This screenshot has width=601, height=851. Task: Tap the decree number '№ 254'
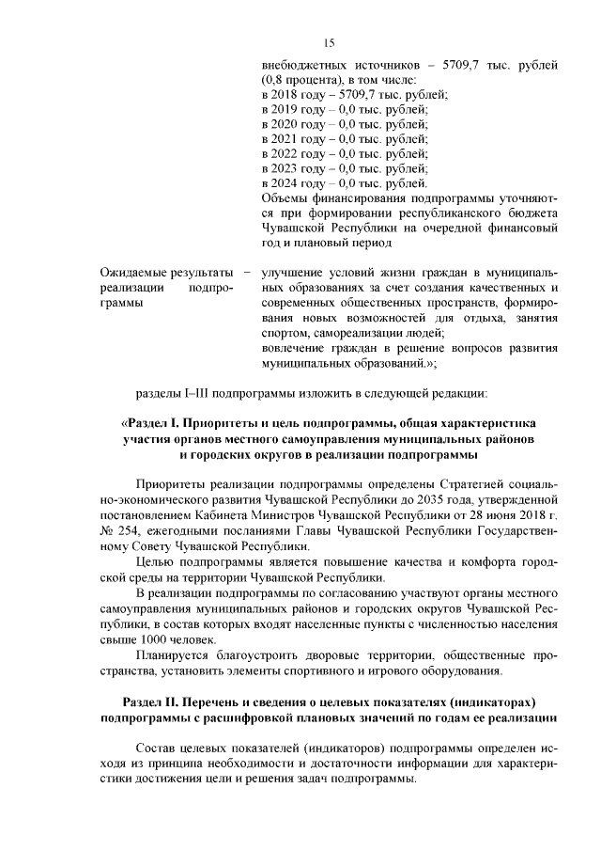coord(116,529)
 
